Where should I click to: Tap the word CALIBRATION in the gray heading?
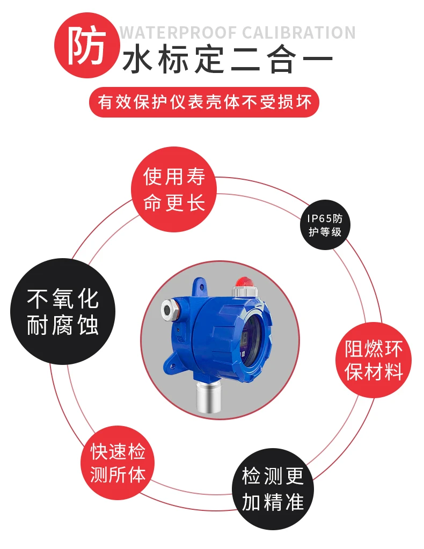click(x=298, y=33)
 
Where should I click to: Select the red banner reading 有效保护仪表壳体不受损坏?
click(x=204, y=103)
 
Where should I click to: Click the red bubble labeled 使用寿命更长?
click(x=174, y=189)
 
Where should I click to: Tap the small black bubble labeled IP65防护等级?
click(x=325, y=225)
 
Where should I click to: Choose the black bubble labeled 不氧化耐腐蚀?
click(x=63, y=312)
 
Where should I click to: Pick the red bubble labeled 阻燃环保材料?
click(x=373, y=360)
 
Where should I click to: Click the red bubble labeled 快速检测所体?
click(x=118, y=463)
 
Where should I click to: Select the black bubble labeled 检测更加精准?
click(x=273, y=489)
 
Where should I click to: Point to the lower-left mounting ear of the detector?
click(x=173, y=365)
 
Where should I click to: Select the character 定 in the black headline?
click(x=209, y=60)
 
